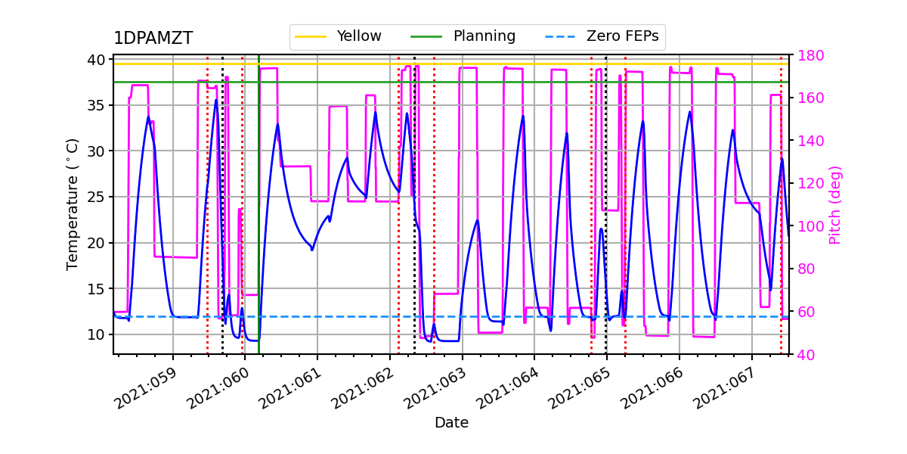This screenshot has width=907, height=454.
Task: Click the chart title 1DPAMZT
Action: coord(153,39)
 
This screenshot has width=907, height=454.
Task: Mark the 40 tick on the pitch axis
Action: coord(803,354)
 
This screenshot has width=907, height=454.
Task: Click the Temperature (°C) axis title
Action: coord(73,204)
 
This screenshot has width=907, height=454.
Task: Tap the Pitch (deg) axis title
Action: coord(834,204)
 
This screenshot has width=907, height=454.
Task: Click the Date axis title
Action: coord(451,423)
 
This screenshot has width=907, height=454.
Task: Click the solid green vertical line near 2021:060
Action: coord(258,227)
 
